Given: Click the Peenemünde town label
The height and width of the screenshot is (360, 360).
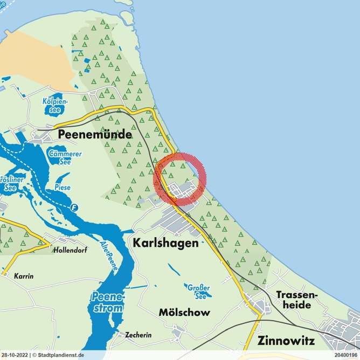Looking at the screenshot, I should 94,135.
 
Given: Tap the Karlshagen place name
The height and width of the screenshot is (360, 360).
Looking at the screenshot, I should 165,244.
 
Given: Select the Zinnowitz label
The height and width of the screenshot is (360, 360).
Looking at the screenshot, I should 292,341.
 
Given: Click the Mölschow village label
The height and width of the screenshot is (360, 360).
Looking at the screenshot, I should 184,313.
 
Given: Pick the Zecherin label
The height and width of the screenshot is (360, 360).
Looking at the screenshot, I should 139,335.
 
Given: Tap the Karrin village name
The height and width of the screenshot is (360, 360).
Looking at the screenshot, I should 24,276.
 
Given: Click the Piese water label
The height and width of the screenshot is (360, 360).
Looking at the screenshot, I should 63,188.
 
